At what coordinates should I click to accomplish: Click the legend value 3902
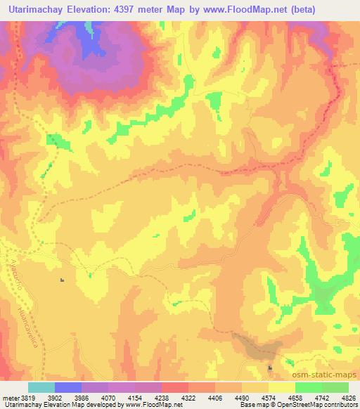[x=54, y=396]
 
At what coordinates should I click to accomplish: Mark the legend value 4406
[x=214, y=396]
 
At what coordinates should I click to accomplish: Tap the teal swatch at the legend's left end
[x=41, y=387]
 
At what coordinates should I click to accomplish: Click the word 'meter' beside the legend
[x=9, y=396]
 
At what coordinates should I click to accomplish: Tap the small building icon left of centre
[x=62, y=280]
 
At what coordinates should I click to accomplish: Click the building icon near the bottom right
[x=270, y=368]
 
